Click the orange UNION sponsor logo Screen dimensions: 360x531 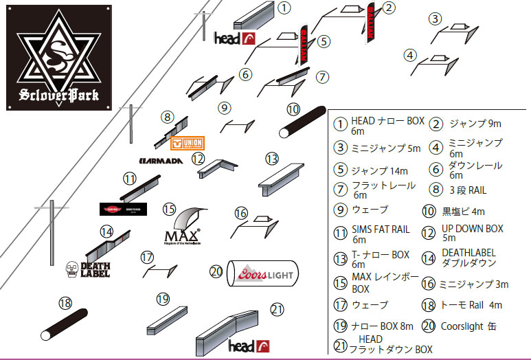pos(188,143)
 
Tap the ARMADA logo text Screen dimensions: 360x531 pos(160,161)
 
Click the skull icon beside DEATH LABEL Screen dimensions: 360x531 pos(71,269)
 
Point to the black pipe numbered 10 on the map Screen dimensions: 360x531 pos(302,122)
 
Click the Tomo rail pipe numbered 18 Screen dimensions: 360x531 pos(65,324)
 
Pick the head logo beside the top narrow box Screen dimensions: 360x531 pos(236,38)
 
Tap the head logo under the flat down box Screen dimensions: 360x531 pos(248,346)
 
